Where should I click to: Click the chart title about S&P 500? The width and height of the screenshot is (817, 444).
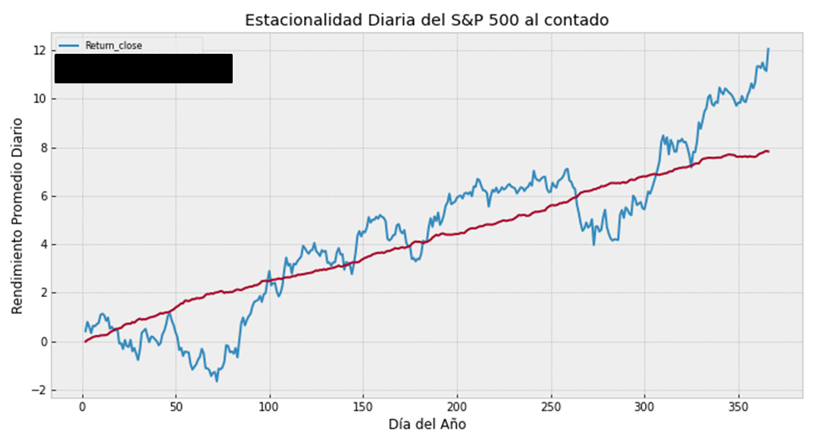tap(427, 20)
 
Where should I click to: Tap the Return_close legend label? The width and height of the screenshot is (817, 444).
tap(114, 45)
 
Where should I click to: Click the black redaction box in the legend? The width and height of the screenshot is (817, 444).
tap(143, 68)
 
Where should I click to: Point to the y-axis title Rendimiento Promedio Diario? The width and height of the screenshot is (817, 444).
tap(17, 216)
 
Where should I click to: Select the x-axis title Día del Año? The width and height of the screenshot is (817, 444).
tap(427, 424)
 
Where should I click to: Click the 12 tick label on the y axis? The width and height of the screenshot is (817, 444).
tap(40, 50)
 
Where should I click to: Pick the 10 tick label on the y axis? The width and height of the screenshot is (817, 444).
tap(40, 98)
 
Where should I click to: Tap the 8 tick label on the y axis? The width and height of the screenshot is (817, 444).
tap(43, 147)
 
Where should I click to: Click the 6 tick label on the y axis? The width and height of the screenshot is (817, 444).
tap(43, 195)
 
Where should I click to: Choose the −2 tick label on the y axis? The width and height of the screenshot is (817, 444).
tap(39, 390)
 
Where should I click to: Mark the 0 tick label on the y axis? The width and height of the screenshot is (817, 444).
tap(43, 342)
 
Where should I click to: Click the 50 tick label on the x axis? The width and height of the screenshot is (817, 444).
tap(176, 408)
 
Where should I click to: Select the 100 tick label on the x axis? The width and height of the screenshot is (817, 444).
tap(270, 408)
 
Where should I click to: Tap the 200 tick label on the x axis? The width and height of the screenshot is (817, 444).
tap(457, 408)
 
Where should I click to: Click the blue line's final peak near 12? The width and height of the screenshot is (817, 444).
tap(768, 49)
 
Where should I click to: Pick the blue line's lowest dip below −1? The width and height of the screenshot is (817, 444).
tap(217, 380)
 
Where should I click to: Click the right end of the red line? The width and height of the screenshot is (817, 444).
tap(768, 152)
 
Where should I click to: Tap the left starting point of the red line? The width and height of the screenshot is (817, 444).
tap(85, 342)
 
